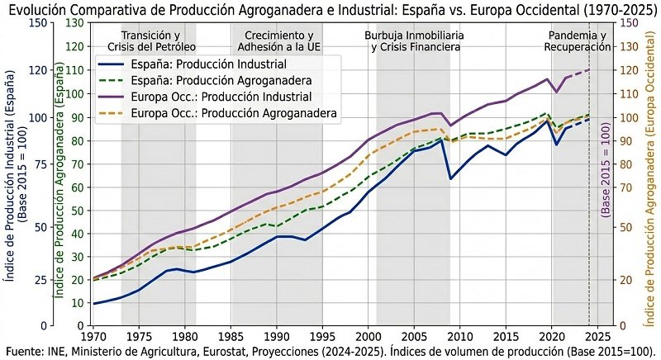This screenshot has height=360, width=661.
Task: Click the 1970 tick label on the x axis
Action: point(93,336)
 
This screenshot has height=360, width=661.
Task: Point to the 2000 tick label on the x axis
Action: point(369,336)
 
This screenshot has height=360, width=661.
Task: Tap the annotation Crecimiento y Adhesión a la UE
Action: point(278,41)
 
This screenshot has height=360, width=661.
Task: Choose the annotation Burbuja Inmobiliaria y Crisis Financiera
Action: point(414,41)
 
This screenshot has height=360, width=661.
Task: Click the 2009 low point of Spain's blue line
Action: point(451,178)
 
